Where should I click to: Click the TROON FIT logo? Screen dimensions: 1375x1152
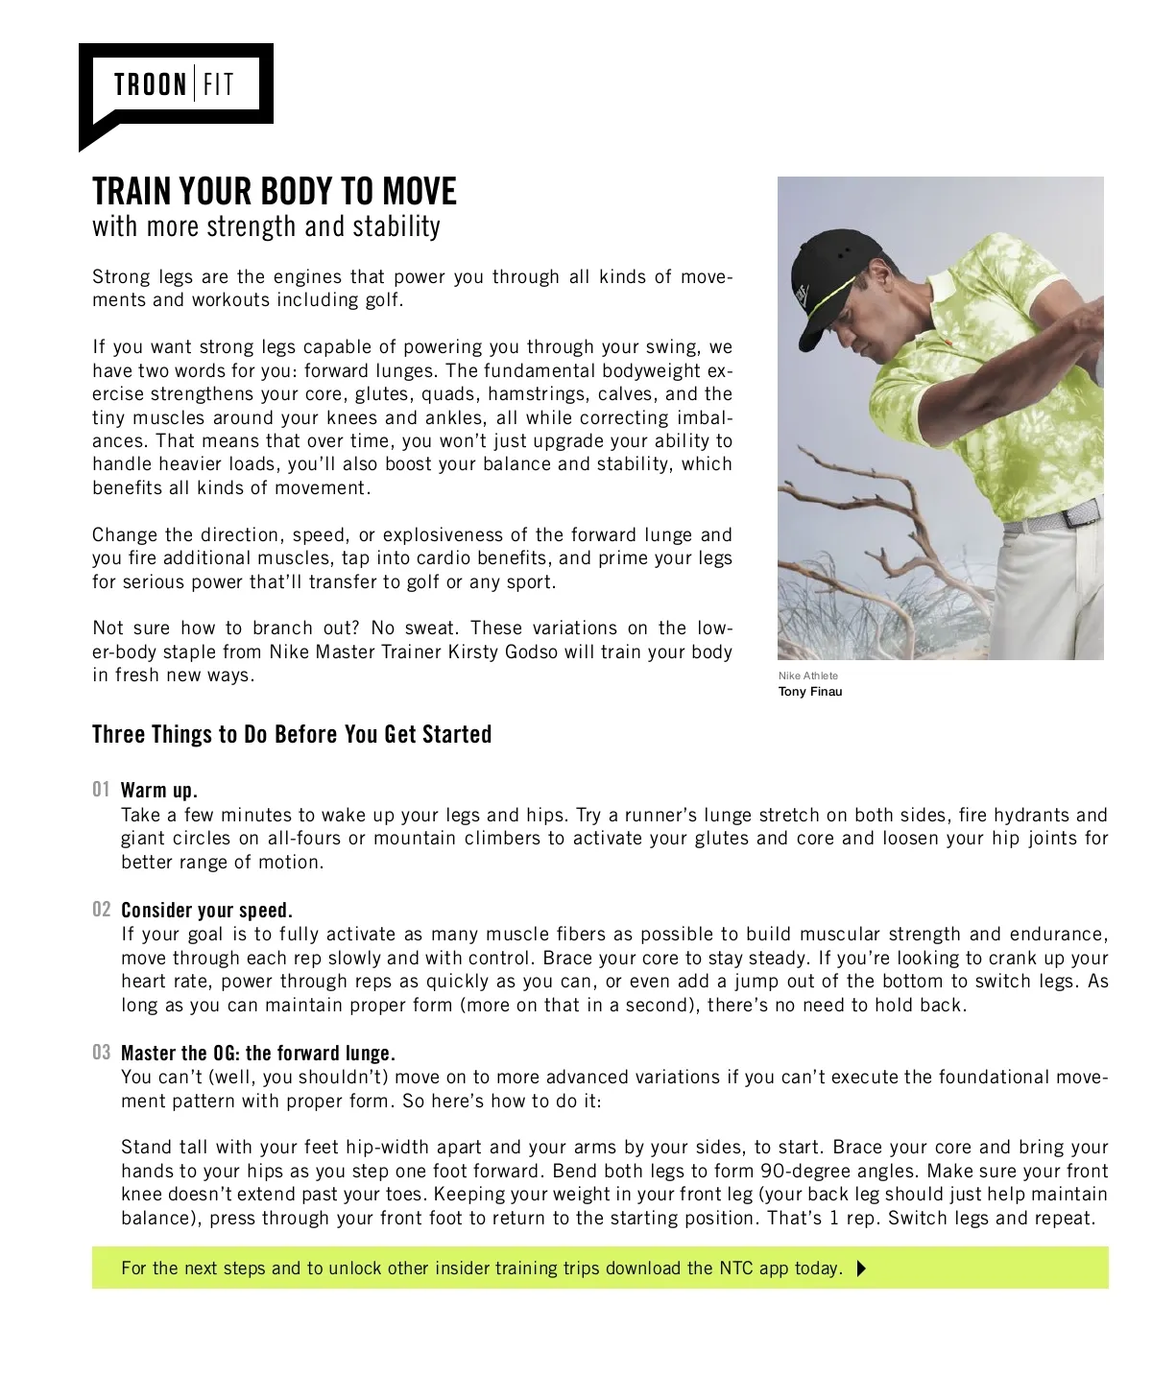click(x=174, y=85)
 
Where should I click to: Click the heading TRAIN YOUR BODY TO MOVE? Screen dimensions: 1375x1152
click(x=275, y=192)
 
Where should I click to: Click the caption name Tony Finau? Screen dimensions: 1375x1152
click(x=810, y=692)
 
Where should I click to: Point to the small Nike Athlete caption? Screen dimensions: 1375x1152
click(x=807, y=676)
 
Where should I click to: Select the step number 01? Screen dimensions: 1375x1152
click(x=102, y=790)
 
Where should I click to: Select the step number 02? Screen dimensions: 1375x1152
click(x=102, y=909)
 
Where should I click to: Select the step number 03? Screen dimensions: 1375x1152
click(x=102, y=1053)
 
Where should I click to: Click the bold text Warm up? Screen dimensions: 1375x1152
click(x=159, y=791)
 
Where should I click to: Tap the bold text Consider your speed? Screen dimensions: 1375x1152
click(x=206, y=910)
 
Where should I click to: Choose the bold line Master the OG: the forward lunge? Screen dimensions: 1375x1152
click(x=258, y=1054)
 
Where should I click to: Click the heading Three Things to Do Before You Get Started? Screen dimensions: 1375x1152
click(x=292, y=735)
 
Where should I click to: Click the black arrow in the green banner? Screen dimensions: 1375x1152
click(x=860, y=1268)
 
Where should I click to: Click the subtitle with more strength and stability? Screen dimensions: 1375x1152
click(x=266, y=227)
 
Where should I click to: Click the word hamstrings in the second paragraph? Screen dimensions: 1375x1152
click(x=538, y=394)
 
